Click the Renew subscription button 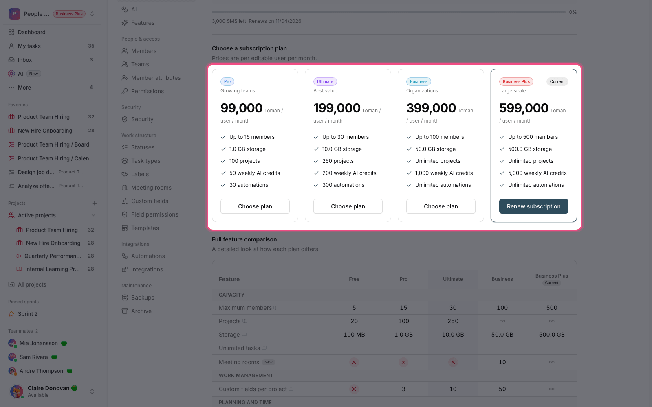[x=533, y=206]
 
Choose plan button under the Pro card [x=255, y=206]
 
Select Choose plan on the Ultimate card [x=348, y=206]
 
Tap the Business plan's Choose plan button [x=441, y=206]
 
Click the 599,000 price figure [x=524, y=108]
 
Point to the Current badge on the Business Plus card [x=557, y=81]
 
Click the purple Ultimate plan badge [x=325, y=81]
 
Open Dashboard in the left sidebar [x=31, y=32]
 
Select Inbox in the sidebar [x=25, y=60]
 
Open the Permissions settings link [x=147, y=91]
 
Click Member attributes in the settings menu [x=156, y=78]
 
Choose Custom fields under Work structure [x=150, y=201]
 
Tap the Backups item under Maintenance [x=143, y=298]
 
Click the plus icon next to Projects [x=94, y=203]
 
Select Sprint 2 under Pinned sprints [x=28, y=314]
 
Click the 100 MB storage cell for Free [x=354, y=335]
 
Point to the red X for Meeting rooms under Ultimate [x=453, y=362]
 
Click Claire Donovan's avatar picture [x=17, y=391]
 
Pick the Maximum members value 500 [x=552, y=308]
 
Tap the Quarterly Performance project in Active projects [x=53, y=256]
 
